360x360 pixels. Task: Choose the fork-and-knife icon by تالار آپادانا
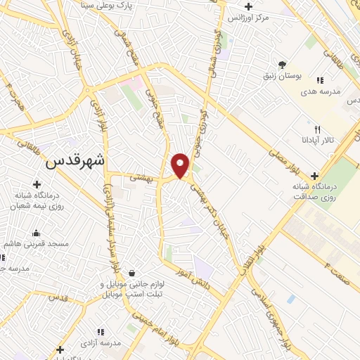(317, 129)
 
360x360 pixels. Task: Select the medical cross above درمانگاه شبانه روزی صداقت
(314, 175)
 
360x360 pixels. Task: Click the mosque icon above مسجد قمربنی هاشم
(36, 233)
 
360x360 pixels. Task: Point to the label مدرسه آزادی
(101, 342)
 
